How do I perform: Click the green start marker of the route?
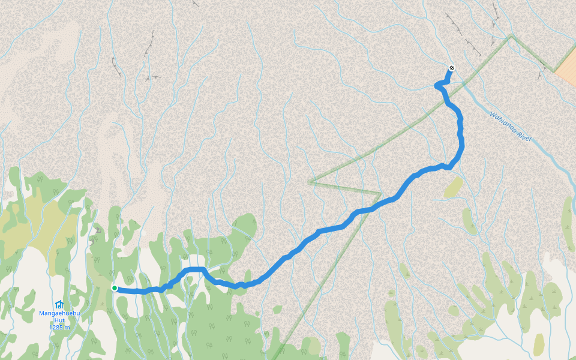point(115,288)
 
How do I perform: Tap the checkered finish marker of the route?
point(451,68)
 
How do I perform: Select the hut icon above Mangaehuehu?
point(59,305)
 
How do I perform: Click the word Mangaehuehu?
point(59,313)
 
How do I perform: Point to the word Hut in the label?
point(59,320)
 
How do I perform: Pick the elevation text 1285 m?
point(59,328)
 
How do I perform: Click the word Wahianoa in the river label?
point(502,122)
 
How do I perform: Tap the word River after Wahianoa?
point(524,137)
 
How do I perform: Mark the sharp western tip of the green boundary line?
point(310,182)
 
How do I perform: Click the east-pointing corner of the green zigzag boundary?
point(381,194)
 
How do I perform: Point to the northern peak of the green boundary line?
point(511,36)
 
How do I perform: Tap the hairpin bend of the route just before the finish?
point(438,86)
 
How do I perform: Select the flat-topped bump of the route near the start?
point(194,269)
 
